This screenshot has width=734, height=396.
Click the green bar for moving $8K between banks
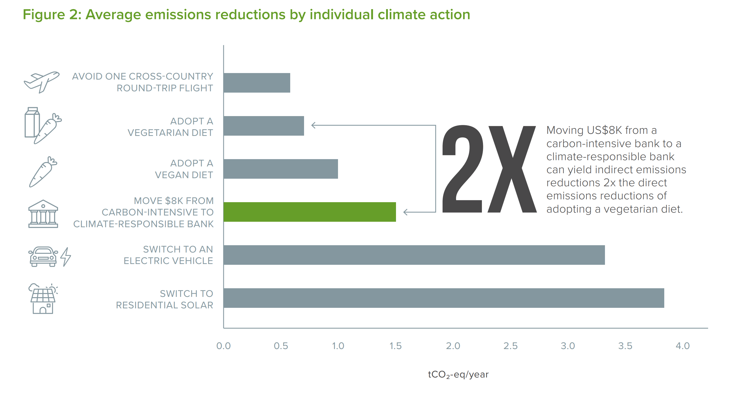coord(310,212)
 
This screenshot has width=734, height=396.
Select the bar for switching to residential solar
coord(443,298)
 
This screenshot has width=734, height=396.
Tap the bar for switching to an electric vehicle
coord(414,255)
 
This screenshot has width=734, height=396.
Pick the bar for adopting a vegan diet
coord(281,169)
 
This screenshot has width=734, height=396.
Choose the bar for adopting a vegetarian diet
coord(264,126)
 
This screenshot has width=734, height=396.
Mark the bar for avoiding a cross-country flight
coord(257,83)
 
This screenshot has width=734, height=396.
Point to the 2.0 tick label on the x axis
coord(453,346)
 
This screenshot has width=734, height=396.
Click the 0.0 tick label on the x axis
coord(223,346)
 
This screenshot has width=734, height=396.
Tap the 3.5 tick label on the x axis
coord(625,346)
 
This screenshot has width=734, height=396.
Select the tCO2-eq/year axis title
coord(458,374)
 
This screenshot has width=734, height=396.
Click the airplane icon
coord(42,82)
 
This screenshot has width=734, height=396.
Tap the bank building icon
coord(43,214)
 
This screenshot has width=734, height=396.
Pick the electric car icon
coord(43,256)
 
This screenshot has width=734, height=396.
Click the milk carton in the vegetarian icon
coord(32,122)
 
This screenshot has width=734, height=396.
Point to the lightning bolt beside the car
coord(66,257)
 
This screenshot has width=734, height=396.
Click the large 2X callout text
coord(489,169)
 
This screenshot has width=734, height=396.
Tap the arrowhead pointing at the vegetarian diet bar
coord(313,125)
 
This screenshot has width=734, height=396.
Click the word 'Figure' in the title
coord(44,15)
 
